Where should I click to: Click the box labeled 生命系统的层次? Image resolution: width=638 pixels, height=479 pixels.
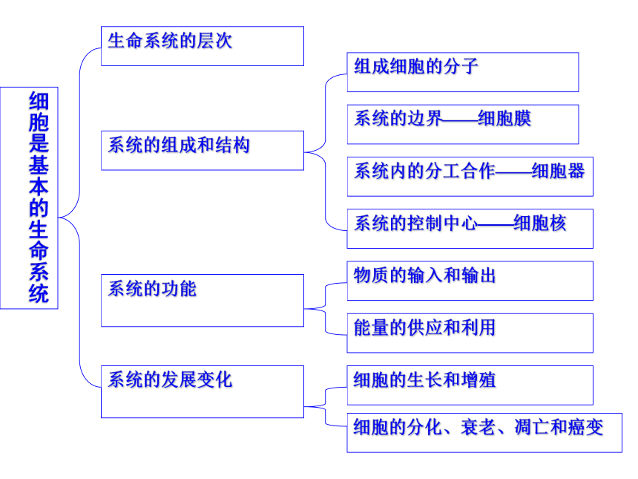(x=203, y=46)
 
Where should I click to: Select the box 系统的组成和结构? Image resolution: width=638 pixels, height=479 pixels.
(x=203, y=150)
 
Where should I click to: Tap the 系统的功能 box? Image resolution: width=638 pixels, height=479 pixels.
(x=203, y=300)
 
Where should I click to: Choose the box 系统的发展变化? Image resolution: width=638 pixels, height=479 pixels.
(x=203, y=391)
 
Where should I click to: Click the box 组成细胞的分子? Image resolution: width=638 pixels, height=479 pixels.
(x=463, y=72)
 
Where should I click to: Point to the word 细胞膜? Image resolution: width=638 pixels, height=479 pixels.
(x=504, y=119)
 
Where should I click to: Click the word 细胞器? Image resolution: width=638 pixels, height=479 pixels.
(x=558, y=171)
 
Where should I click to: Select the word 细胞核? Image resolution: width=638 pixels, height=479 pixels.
(x=540, y=223)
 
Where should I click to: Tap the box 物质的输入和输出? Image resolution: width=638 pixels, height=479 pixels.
(x=470, y=281)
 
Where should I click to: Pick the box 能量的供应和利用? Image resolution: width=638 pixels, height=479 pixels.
(x=470, y=333)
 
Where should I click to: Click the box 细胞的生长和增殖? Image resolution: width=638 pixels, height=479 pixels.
(x=470, y=385)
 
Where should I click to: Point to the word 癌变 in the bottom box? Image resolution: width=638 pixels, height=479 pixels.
(x=586, y=427)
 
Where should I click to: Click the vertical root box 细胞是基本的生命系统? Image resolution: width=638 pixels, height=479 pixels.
(x=29, y=198)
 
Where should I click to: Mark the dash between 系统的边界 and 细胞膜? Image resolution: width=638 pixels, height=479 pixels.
(x=460, y=120)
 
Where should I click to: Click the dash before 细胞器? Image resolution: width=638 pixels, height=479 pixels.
(x=513, y=172)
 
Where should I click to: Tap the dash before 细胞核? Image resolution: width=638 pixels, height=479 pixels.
(x=496, y=224)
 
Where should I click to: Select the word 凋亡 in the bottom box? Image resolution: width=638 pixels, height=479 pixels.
(x=532, y=427)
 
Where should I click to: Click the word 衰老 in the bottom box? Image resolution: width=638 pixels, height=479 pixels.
(x=479, y=427)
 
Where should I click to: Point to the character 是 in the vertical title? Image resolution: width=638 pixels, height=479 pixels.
(x=39, y=143)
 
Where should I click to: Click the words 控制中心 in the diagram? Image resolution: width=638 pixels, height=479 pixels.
(x=442, y=223)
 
